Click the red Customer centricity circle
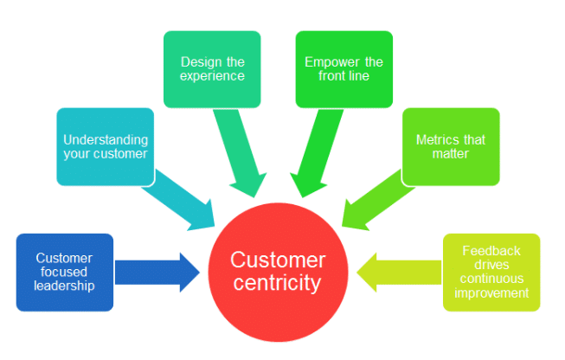[279, 273]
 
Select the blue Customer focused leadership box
[65, 272]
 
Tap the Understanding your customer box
[105, 146]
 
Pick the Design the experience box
[212, 68]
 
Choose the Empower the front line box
[343, 68]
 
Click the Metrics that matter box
[451, 146]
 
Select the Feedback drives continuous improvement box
[491, 272]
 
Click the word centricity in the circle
[279, 283]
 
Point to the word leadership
[65, 286]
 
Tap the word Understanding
[105, 139]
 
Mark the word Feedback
[491, 251]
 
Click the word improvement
[491, 292]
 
